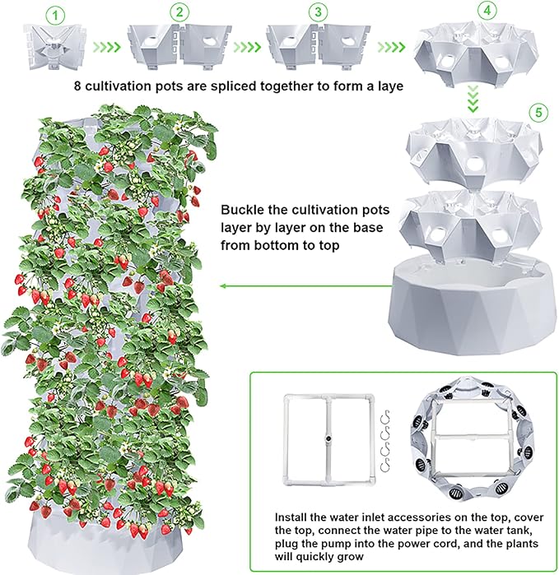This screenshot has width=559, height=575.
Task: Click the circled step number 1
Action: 55,16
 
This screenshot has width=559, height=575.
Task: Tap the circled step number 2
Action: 179,12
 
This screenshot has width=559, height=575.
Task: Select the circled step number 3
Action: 318,12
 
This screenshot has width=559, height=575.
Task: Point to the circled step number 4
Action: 487,10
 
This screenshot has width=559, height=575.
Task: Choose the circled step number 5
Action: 538,112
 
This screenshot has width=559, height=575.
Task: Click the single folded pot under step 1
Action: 54,47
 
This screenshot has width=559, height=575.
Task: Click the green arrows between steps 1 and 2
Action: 107,47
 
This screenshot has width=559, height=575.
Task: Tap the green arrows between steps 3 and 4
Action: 392,47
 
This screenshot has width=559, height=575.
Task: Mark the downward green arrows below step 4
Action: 473,99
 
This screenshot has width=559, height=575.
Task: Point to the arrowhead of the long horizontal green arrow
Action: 221,286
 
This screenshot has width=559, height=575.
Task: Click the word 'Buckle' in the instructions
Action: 241,210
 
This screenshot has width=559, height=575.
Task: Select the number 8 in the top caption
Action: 77,86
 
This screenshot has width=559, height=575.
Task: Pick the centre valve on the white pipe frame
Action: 328,438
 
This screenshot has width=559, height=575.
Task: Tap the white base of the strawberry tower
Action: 107,543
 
